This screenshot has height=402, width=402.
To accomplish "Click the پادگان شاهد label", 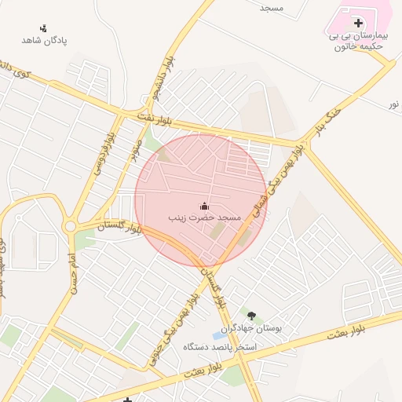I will click(44, 40).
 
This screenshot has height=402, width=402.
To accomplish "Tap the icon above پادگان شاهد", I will click(43, 28).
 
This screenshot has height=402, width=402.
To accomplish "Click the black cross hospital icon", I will click(359, 24).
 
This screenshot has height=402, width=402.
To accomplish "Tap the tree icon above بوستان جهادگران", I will click(251, 316).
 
